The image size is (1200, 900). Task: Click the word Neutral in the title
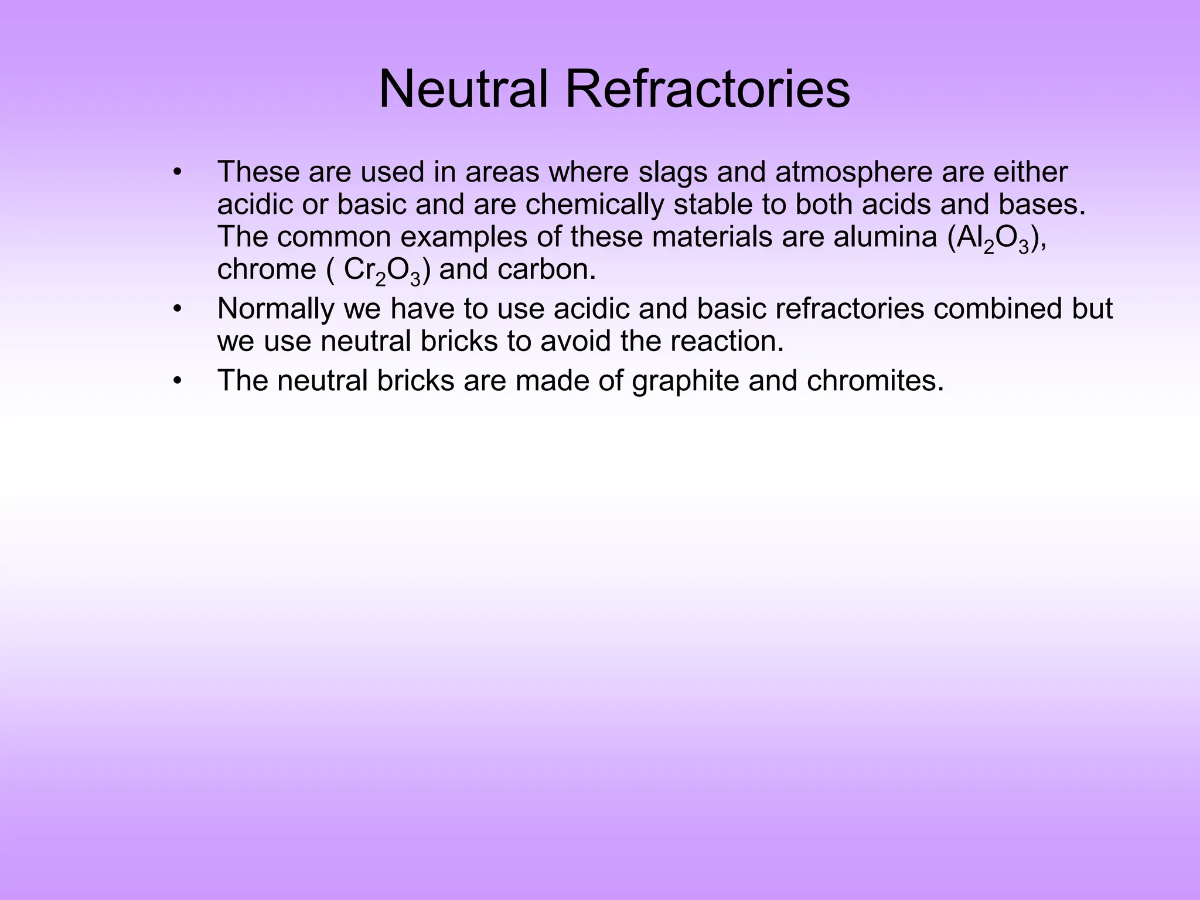[x=463, y=90]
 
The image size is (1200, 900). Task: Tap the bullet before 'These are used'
[x=178, y=172]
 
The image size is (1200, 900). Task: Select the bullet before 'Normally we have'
[x=178, y=309]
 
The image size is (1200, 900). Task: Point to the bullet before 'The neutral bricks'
[x=178, y=381]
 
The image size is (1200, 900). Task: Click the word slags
[x=672, y=172]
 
